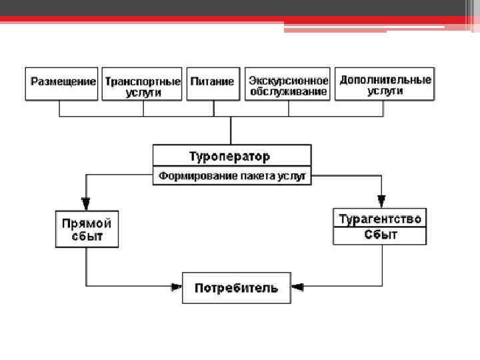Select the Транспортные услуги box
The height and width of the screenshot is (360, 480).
143,85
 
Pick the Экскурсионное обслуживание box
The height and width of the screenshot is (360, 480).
288,85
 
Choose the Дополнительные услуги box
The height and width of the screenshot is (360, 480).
385,84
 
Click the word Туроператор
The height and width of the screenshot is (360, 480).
229,157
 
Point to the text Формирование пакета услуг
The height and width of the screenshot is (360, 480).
231,176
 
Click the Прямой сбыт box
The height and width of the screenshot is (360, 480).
87,229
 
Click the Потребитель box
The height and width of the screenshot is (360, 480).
236,288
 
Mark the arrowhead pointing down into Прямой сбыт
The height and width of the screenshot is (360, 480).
86,202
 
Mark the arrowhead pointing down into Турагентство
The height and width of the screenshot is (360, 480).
381,201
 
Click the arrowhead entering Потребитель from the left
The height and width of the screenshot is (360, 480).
177,287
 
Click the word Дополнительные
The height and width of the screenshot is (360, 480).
385,79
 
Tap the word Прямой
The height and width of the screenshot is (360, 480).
87,223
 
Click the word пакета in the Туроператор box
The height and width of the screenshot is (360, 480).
253,176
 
